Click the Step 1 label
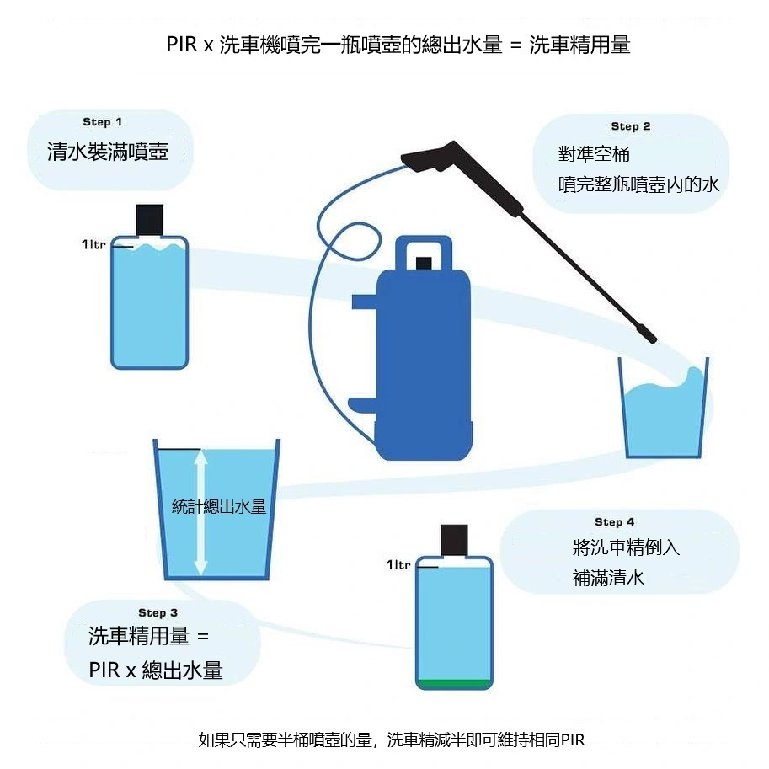(x=102, y=122)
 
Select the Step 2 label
(x=630, y=126)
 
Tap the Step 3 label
(x=158, y=612)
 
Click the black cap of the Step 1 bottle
(x=150, y=220)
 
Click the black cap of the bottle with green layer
(x=454, y=540)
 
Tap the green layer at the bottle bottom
(x=453, y=683)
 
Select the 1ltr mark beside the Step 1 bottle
(x=94, y=244)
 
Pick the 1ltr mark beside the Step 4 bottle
(x=398, y=564)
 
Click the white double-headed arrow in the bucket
(x=200, y=513)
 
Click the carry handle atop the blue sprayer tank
(x=425, y=254)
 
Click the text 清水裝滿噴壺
(x=108, y=152)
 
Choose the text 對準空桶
(x=594, y=154)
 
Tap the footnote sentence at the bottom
(x=390, y=740)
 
